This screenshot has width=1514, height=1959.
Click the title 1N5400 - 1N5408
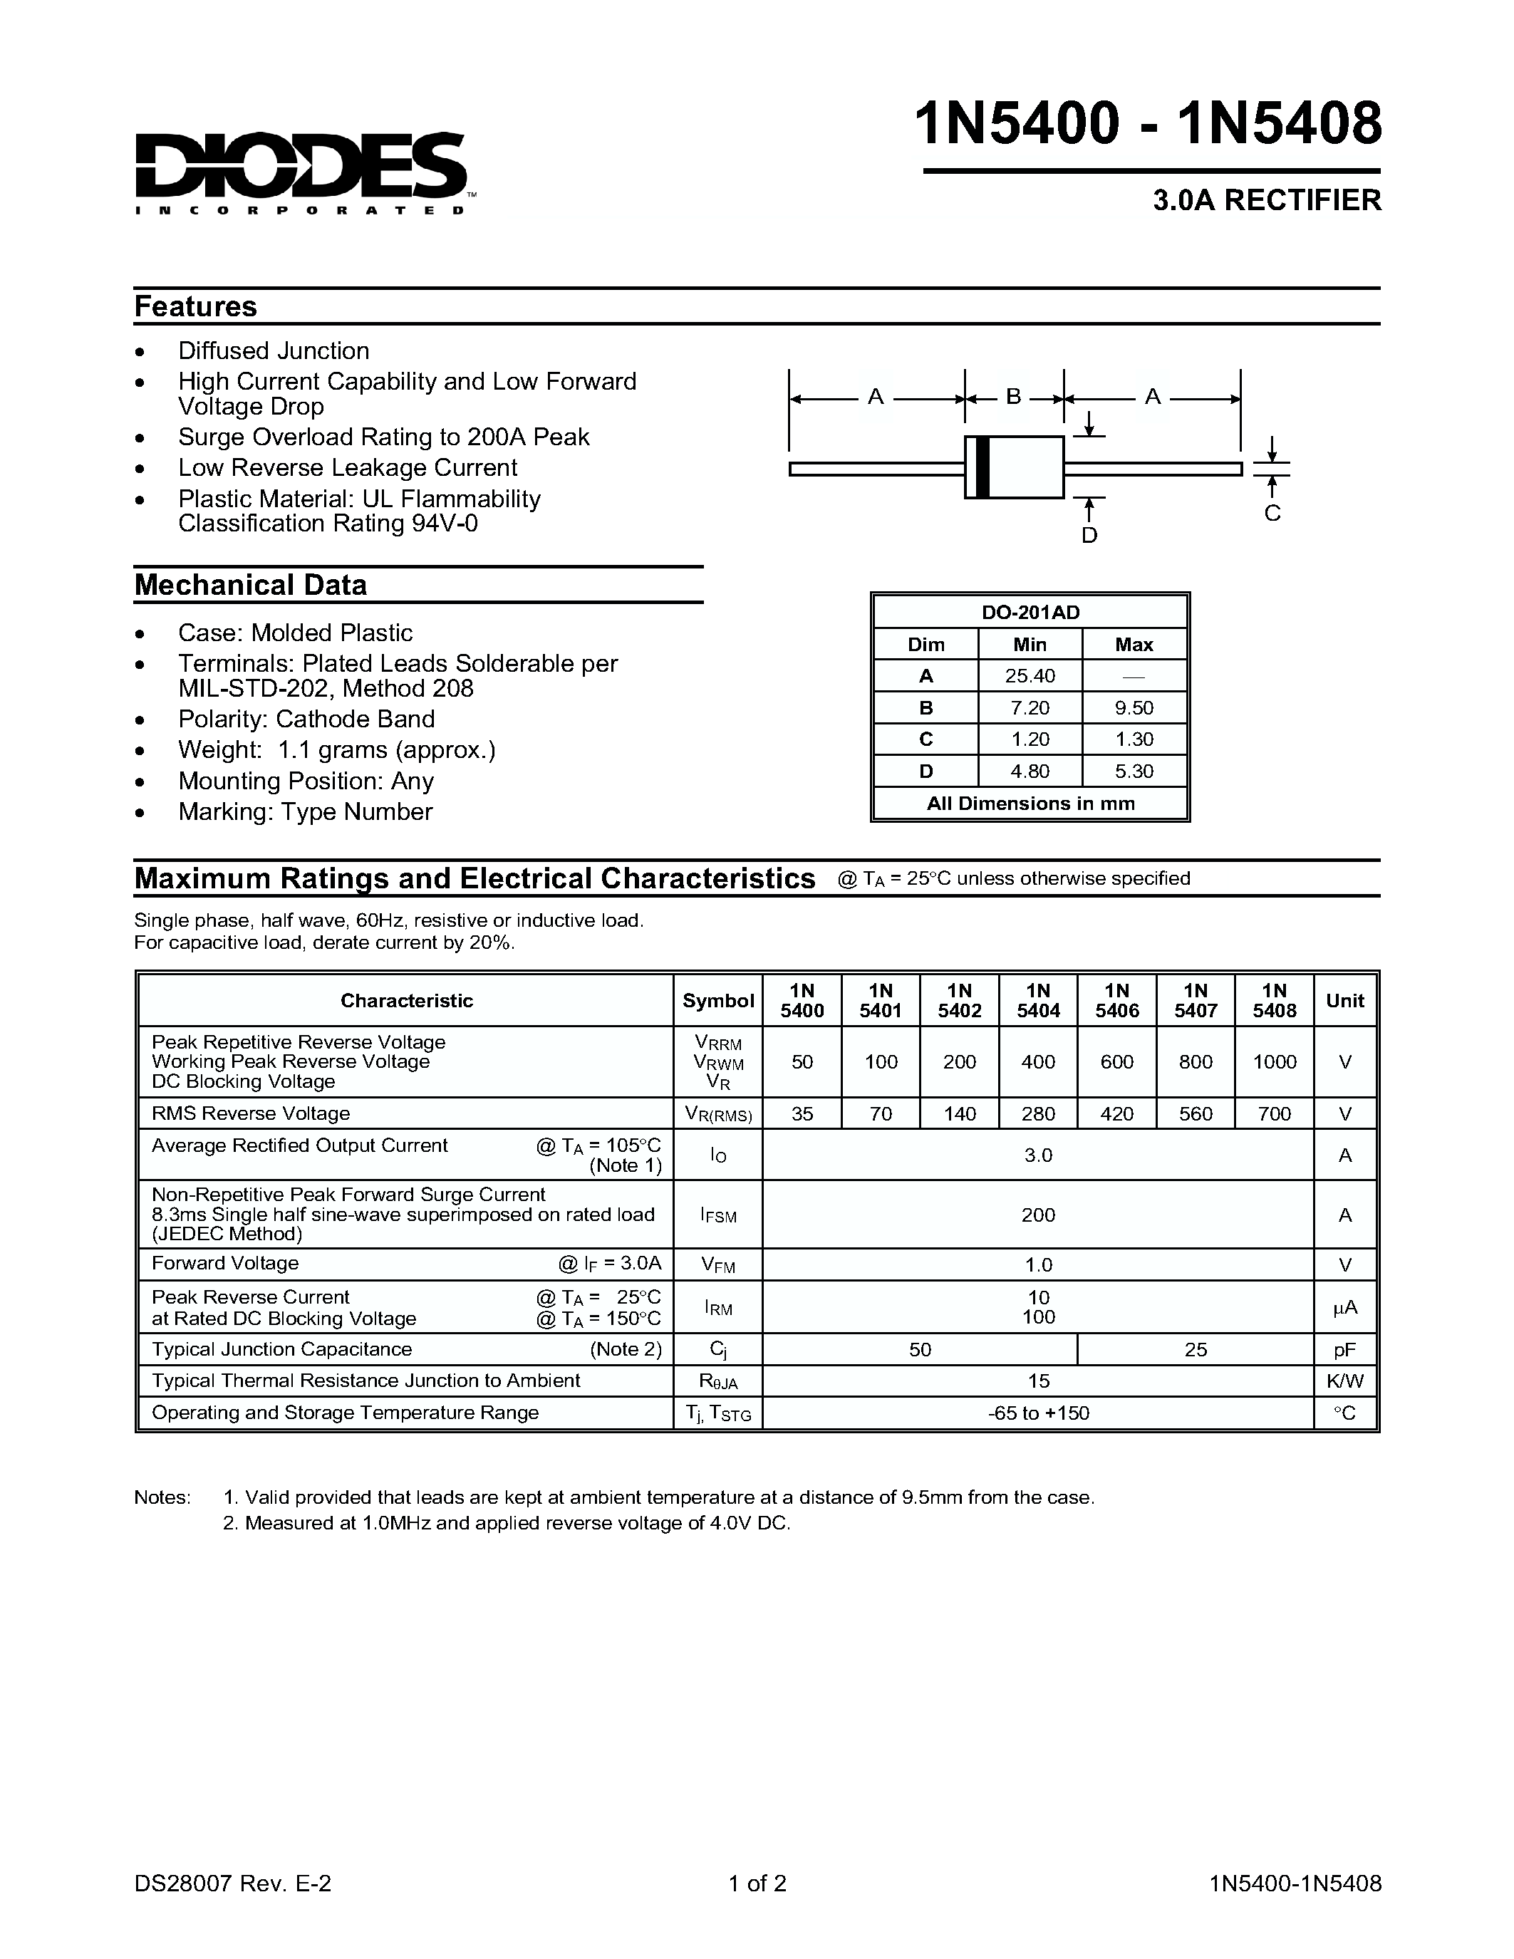click(x=1148, y=124)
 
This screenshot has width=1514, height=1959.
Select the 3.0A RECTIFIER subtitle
click(x=1267, y=200)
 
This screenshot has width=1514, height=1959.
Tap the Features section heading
click(x=195, y=307)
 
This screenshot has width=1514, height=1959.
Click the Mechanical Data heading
click(x=250, y=585)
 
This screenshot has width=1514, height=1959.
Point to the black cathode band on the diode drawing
click(x=982, y=467)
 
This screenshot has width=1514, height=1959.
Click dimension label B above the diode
click(x=1014, y=397)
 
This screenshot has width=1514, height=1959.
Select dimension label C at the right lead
click(x=1272, y=513)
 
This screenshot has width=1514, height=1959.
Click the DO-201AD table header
click(x=1030, y=613)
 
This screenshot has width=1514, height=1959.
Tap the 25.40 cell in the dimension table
click(x=1030, y=676)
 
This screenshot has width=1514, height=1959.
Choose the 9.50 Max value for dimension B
click(x=1134, y=707)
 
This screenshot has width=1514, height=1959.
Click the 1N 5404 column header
click(x=1038, y=1000)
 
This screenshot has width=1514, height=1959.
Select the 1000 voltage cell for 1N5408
click(x=1274, y=1062)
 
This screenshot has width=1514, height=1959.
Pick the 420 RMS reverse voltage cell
click(x=1116, y=1114)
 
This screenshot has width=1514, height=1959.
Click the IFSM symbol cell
click(x=717, y=1215)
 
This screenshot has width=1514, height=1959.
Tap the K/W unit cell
click(x=1344, y=1381)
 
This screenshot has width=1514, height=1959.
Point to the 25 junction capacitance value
click(x=1195, y=1349)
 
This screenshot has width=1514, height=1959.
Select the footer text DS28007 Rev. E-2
click(x=233, y=1883)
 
